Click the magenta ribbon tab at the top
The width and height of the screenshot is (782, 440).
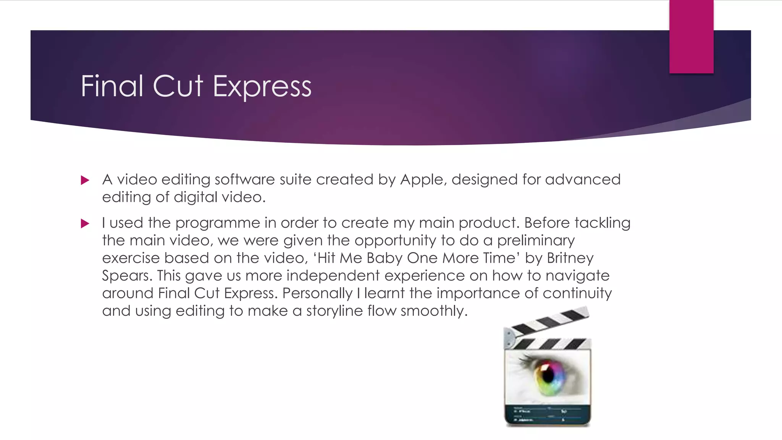click(x=691, y=36)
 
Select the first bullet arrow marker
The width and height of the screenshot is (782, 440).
click(x=85, y=180)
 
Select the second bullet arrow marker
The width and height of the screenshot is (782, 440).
click(x=85, y=223)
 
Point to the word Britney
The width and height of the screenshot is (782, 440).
click(x=570, y=258)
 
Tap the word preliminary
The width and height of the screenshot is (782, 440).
click(x=536, y=241)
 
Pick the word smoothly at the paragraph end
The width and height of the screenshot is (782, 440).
click(x=434, y=311)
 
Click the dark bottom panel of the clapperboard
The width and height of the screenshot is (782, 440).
click(x=548, y=415)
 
